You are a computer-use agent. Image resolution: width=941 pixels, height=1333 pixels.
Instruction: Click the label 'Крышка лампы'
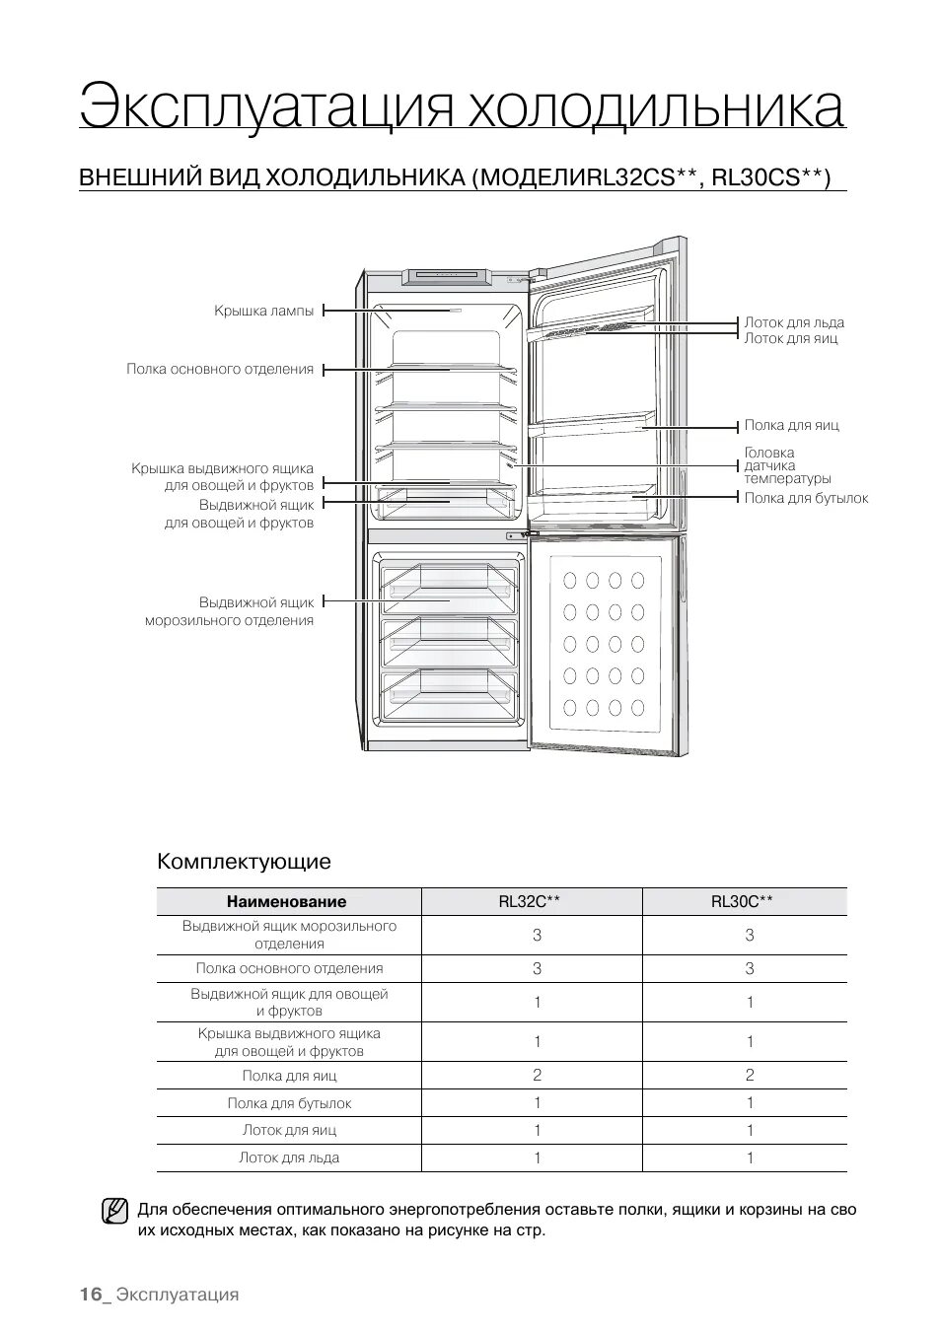(x=263, y=311)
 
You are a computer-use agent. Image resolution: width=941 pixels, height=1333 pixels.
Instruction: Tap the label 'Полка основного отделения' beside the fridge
(x=219, y=370)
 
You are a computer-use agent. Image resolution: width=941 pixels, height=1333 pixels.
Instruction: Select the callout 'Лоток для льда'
(x=794, y=322)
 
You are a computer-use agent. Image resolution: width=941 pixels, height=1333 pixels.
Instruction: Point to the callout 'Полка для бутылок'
(x=806, y=498)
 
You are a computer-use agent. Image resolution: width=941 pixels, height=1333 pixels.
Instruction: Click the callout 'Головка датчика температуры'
(x=787, y=465)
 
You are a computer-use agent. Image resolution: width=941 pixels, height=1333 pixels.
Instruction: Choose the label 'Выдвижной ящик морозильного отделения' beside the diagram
(x=230, y=610)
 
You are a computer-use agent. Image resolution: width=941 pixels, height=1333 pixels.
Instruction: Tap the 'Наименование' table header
(x=286, y=901)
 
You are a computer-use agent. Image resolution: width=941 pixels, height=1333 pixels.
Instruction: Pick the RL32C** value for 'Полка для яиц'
(x=537, y=1075)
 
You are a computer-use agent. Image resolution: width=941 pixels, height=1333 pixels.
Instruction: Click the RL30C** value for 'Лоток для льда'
(x=750, y=1158)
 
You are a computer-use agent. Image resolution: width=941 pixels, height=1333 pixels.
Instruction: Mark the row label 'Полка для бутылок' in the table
(x=289, y=1103)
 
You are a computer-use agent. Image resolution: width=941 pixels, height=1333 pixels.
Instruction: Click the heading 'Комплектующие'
(x=244, y=861)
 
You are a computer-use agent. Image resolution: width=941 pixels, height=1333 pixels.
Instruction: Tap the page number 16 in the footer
(x=91, y=1295)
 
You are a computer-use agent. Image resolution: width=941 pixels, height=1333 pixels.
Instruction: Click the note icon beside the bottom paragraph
(x=114, y=1210)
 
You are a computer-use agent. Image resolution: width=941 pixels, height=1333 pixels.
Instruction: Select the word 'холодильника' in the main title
(x=655, y=106)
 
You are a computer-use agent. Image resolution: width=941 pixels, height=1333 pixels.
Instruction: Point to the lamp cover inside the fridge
(x=455, y=310)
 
